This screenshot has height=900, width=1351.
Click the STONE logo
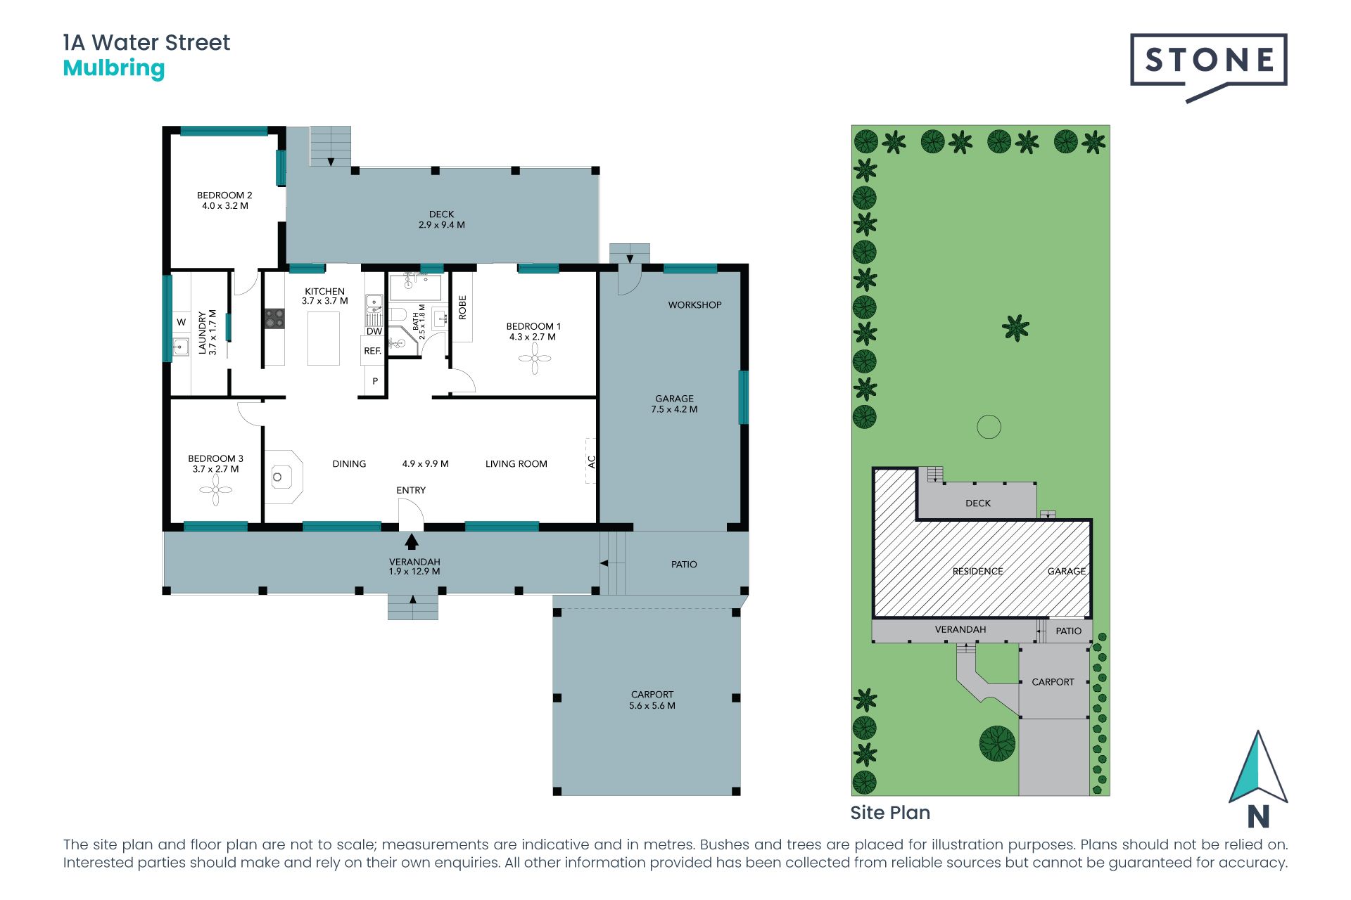click(x=1208, y=62)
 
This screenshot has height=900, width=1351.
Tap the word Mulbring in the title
click(x=114, y=68)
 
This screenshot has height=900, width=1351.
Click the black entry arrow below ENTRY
click(x=412, y=541)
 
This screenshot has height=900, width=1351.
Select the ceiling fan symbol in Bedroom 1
click(x=535, y=359)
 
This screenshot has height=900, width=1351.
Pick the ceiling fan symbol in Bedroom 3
click(x=216, y=490)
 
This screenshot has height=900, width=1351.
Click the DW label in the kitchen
click(x=374, y=331)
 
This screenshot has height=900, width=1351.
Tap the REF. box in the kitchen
click(x=372, y=351)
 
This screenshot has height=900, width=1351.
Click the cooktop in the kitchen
click(x=274, y=319)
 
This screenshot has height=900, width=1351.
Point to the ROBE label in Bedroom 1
click(x=462, y=307)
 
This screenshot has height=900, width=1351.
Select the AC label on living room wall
click(x=591, y=462)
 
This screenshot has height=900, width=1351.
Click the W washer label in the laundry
click(x=181, y=322)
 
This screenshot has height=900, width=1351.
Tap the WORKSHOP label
click(x=694, y=305)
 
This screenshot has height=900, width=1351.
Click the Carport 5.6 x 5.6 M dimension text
click(x=652, y=706)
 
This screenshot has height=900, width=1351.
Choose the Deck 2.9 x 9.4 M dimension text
click(x=441, y=225)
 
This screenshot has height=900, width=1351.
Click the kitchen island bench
click(x=324, y=338)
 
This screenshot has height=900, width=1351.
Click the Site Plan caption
click(x=889, y=813)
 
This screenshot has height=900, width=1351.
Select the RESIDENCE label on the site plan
click(x=977, y=572)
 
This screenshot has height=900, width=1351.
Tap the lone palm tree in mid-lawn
click(x=1015, y=328)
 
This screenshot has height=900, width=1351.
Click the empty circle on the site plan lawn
click(x=989, y=427)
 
